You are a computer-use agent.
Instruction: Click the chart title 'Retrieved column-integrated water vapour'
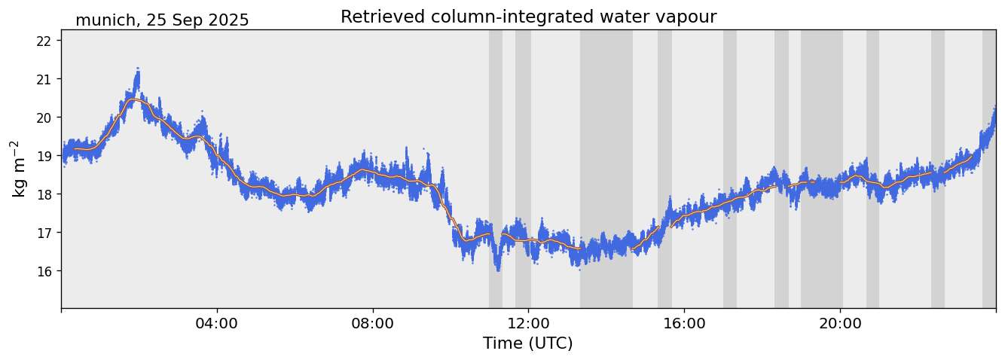pyautogui.click(x=528, y=17)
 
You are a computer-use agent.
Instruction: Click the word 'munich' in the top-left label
pyautogui.click(x=104, y=20)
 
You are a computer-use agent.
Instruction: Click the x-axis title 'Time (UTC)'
pyautogui.click(x=528, y=343)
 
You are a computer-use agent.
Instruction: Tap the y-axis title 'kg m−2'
pyautogui.click(x=18, y=169)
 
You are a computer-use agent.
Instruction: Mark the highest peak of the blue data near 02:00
pyautogui.click(x=138, y=69)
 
